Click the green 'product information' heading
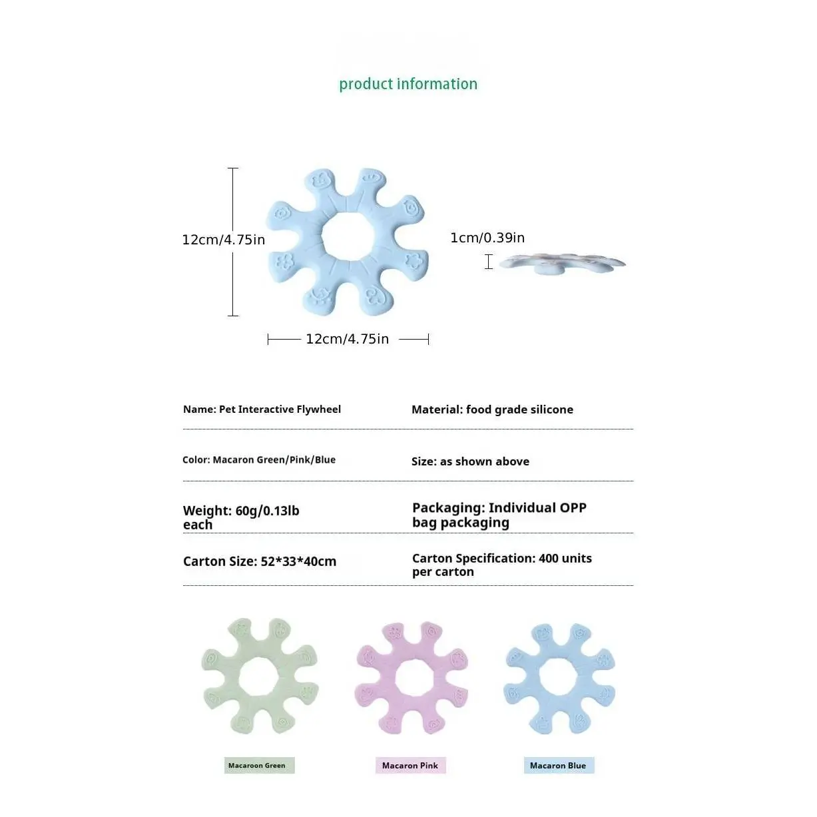click(x=408, y=84)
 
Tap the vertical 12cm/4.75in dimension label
click(x=224, y=240)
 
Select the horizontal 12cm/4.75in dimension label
click(x=347, y=339)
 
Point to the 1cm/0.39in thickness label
click(x=487, y=238)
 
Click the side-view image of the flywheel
click(x=562, y=264)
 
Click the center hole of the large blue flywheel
click(x=348, y=236)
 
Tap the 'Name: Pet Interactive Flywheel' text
click(x=262, y=409)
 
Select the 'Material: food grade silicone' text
click(x=492, y=409)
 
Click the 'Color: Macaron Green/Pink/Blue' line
click(x=258, y=459)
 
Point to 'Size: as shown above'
click(x=470, y=461)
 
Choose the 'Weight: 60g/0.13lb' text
click(x=241, y=511)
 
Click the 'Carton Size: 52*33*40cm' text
click(x=260, y=561)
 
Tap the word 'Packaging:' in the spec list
click(x=449, y=507)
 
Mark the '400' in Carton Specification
click(x=549, y=559)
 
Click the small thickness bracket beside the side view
click(x=489, y=262)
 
